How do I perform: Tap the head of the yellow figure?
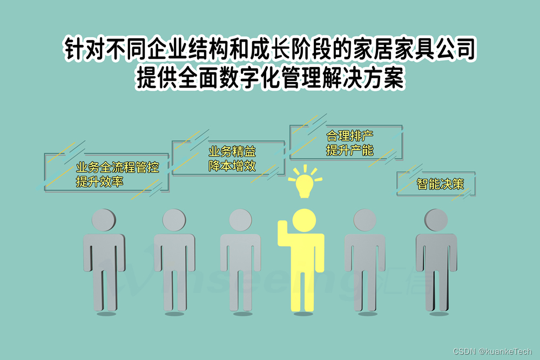pyautogui.click(x=303, y=220)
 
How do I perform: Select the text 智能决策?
pyautogui.click(x=440, y=184)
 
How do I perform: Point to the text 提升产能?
pyautogui.click(x=349, y=151)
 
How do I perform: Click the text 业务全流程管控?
pyautogui.click(x=118, y=167)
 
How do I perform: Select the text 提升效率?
pyautogui.click(x=99, y=182)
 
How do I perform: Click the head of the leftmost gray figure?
pyautogui.click(x=103, y=220)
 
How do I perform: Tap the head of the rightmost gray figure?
pyautogui.click(x=436, y=220)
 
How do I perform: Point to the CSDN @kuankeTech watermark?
pyautogui.click(x=492, y=351)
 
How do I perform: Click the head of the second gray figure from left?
pyautogui.click(x=174, y=220)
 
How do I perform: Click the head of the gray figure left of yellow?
pyautogui.click(x=240, y=220)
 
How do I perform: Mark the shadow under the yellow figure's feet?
pyautogui.click(x=303, y=314)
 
